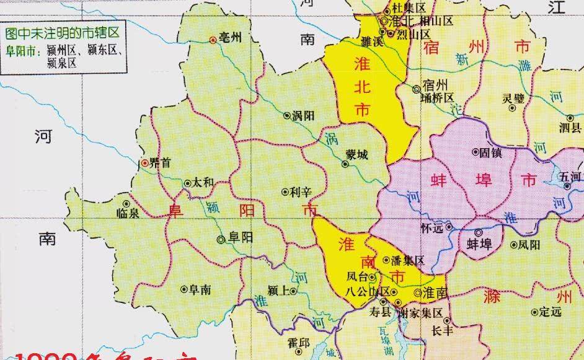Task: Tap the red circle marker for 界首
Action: pyautogui.click(x=144, y=164)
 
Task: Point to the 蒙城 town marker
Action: pyautogui.click(x=345, y=164)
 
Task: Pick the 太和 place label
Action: pyautogui.click(x=203, y=183)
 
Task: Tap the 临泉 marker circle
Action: pyautogui.click(x=126, y=203)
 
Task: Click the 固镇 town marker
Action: pyautogui.click(x=476, y=151)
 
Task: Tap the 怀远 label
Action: pyautogui.click(x=432, y=227)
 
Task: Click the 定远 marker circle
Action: pyautogui.click(x=535, y=312)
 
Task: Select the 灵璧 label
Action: pyautogui.click(x=513, y=97)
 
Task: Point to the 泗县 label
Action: pyautogui.click(x=570, y=128)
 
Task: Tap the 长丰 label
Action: pyautogui.click(x=442, y=330)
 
